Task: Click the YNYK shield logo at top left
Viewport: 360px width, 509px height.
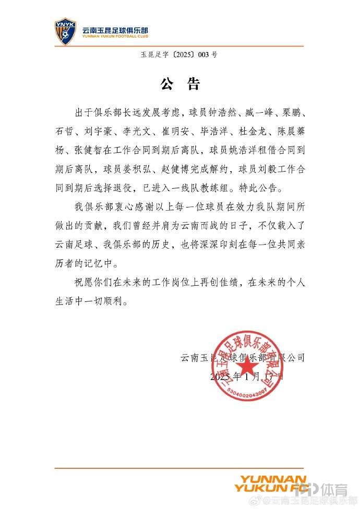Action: click(x=65, y=31)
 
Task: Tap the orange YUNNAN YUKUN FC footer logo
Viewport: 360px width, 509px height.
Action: click(x=269, y=484)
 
